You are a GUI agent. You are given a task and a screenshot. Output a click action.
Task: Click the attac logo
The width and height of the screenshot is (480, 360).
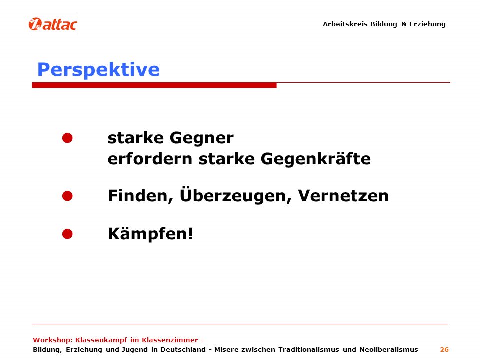53,24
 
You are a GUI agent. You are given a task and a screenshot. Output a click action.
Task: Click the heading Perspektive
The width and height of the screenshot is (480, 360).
98,70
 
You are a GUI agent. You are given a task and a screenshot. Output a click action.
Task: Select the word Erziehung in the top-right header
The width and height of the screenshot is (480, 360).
427,24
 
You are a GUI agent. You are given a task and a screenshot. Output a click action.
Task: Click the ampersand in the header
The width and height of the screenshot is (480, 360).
404,24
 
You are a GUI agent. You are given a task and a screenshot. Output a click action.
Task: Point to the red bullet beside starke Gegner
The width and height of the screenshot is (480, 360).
67,138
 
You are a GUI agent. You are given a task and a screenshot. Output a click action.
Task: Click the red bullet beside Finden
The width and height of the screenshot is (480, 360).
67,196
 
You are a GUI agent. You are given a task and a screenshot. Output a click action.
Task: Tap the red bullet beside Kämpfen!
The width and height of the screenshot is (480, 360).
67,234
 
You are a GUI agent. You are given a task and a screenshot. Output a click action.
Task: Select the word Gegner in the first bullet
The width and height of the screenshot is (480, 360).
201,138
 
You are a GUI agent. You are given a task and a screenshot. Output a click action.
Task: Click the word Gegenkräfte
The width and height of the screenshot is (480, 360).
316,159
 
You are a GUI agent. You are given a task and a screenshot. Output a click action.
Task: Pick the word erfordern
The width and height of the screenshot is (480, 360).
150,159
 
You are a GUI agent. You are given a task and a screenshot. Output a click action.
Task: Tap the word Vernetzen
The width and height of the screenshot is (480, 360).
343,196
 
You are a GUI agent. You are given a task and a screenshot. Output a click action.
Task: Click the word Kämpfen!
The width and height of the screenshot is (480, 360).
151,234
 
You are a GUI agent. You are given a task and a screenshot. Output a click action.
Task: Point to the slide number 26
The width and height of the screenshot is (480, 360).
444,350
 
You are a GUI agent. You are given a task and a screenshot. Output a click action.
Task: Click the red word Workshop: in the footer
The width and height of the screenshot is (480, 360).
53,340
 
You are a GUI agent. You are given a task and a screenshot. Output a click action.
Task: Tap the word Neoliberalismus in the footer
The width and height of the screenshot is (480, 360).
389,350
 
